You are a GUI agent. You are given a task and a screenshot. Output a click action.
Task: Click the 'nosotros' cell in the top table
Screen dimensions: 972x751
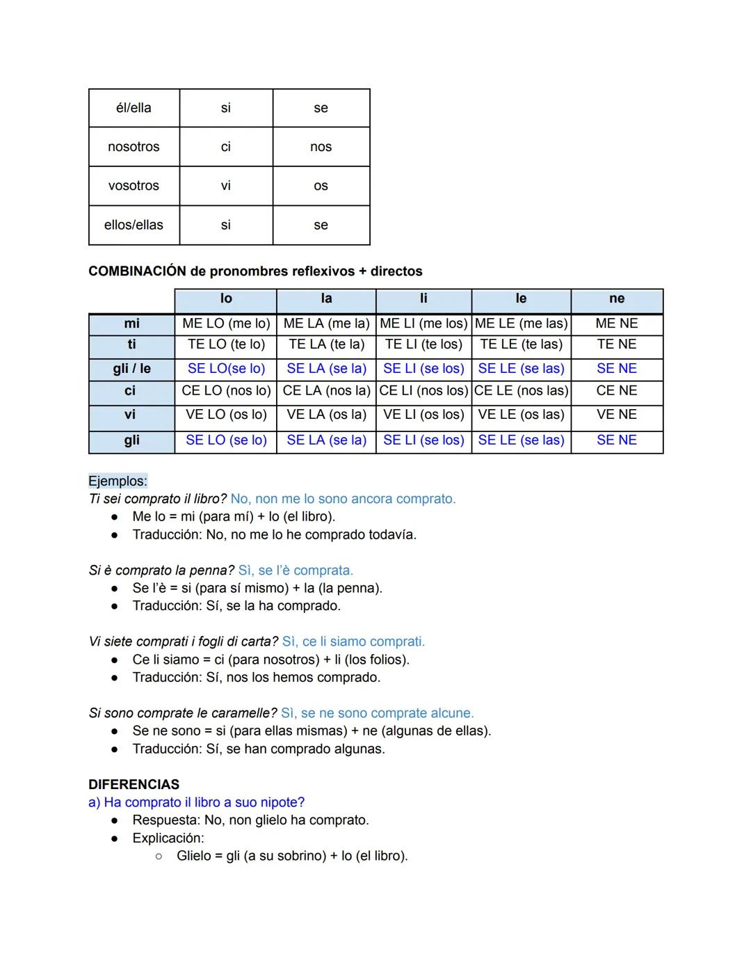pos(134,147)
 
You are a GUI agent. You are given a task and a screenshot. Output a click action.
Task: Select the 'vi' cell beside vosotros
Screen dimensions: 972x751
pos(226,186)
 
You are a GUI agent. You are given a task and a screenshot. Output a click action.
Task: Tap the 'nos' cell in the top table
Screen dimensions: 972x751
pos(321,147)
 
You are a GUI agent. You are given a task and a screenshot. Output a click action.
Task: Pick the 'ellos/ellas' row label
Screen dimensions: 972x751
pos(134,225)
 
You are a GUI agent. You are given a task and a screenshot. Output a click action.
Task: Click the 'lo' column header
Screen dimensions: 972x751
pos(226,298)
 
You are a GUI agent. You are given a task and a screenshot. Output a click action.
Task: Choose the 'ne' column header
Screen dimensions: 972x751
pos(617,298)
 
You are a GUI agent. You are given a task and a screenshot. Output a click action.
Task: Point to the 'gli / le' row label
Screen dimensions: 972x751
pos(131,369)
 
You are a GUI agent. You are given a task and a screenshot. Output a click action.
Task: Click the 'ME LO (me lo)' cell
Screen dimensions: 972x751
pos(226,324)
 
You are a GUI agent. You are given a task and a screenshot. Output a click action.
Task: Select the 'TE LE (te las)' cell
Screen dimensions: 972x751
pos(521,344)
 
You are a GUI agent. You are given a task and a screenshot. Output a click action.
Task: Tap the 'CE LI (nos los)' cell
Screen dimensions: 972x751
pos(423,391)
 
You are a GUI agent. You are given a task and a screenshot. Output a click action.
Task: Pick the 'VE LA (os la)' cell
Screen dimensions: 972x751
pos(326,415)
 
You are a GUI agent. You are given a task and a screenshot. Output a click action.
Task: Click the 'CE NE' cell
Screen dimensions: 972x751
pos(617,391)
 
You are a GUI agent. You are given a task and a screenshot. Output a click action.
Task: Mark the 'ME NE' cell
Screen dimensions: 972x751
pos(617,324)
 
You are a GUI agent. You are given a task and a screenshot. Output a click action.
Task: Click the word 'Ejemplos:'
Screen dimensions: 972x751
pos(118,481)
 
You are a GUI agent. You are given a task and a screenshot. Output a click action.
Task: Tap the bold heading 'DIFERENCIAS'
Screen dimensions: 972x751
pos(134,784)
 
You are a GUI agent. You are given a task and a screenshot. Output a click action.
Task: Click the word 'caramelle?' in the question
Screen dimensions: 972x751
pos(243,713)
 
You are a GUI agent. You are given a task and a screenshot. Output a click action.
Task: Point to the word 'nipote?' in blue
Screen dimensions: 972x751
pos(282,802)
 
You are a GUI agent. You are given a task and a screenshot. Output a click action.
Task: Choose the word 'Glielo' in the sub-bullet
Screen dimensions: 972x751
pos(197,856)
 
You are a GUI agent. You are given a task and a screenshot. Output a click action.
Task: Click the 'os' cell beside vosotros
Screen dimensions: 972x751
pos(321,186)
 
